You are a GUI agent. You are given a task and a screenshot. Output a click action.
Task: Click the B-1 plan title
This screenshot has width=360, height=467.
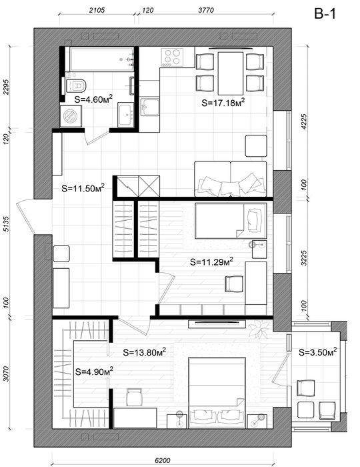pyautogui.click(x=325, y=14)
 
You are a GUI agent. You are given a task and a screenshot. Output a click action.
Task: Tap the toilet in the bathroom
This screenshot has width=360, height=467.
pyautogui.click(x=77, y=85)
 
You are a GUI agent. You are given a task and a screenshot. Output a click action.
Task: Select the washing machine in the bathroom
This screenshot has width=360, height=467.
pyautogui.click(x=71, y=116)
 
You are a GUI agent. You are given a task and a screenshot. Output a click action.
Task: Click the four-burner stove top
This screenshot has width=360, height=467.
pyautogui.click(x=172, y=57)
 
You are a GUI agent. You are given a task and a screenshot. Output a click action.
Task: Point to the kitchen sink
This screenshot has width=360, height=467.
pyautogui.click(x=149, y=107)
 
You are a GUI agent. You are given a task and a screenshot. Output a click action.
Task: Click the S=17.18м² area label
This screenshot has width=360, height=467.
pyautogui.click(x=223, y=103)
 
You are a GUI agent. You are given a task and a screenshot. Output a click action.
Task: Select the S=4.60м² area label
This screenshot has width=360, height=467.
pyautogui.click(x=93, y=99)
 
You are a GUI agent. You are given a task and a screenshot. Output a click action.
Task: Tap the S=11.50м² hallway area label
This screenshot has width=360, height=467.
pyautogui.click(x=83, y=188)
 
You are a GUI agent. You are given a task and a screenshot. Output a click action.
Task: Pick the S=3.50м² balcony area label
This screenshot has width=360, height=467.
pyautogui.click(x=318, y=352)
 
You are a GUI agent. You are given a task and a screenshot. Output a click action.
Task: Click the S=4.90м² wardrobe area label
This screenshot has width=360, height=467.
pyautogui.click(x=94, y=372)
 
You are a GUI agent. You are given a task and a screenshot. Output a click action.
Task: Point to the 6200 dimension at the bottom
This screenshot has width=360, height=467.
pyautogui.click(x=163, y=460)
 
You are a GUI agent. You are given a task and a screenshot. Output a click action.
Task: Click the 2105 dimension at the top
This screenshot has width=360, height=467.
pyautogui.click(x=97, y=10)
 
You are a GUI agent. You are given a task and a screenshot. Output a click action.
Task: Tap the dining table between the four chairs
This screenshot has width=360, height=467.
pyautogui.click(x=231, y=73)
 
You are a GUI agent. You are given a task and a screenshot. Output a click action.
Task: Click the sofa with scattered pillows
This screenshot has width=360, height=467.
pyautogui.click(x=231, y=179)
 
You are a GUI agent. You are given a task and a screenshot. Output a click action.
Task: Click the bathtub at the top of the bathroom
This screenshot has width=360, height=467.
pyautogui.click(x=102, y=59)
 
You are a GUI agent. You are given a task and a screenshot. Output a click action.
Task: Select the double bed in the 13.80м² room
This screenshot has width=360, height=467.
pyautogui.click(x=217, y=392)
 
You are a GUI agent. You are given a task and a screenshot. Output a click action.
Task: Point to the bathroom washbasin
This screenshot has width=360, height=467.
pyautogui.click(x=125, y=114)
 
